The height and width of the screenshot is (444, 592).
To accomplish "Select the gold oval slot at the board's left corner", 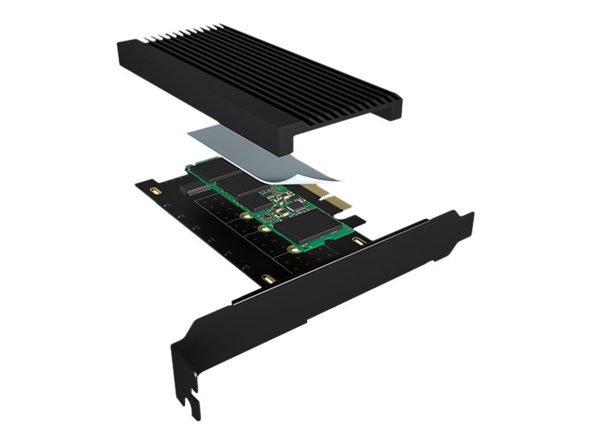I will click(x=154, y=191).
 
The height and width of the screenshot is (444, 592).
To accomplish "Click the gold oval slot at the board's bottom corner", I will click(x=268, y=280).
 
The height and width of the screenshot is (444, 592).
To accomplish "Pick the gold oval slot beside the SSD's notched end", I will click(x=360, y=243).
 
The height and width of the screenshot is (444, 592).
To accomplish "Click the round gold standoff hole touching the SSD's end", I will click(x=294, y=249).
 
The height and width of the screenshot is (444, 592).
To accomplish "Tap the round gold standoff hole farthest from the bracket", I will click(x=243, y=216).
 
